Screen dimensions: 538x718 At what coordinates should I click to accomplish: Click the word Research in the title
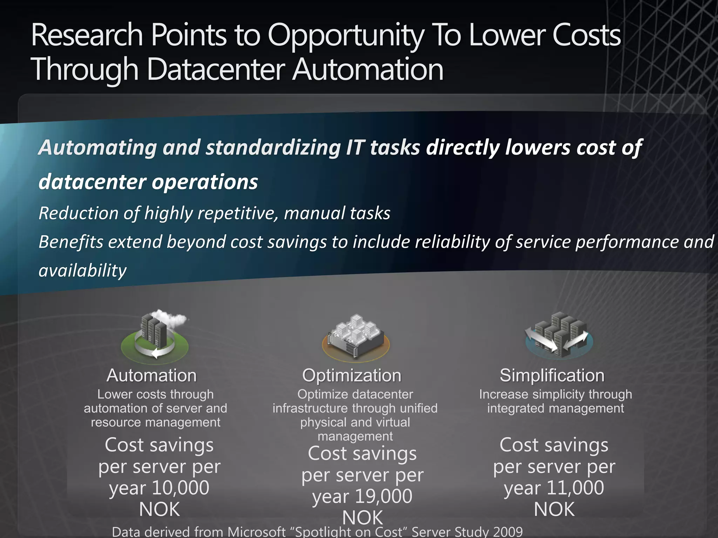(87, 35)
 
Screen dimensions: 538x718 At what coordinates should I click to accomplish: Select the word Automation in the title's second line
(368, 69)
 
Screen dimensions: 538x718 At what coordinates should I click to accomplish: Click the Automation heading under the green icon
(151, 375)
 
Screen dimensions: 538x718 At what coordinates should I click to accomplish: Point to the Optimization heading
(352, 375)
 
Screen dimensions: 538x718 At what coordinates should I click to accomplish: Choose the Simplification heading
(552, 375)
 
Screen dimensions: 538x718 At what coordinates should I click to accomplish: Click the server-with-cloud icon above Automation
(155, 334)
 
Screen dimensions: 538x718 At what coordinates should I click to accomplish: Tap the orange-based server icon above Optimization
(355, 336)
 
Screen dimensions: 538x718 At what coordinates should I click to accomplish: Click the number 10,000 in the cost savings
(181, 488)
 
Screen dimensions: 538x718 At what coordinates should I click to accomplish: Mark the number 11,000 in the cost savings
(575, 488)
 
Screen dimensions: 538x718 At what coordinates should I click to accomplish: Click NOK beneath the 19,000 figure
(363, 518)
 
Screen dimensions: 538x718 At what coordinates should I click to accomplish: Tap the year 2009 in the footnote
(508, 532)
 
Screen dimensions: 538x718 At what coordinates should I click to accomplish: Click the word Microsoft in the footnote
(257, 532)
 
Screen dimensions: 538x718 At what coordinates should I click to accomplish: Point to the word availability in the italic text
(83, 270)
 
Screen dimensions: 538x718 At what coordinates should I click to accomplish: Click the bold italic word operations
(205, 182)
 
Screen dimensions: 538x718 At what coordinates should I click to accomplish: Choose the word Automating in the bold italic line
(98, 147)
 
